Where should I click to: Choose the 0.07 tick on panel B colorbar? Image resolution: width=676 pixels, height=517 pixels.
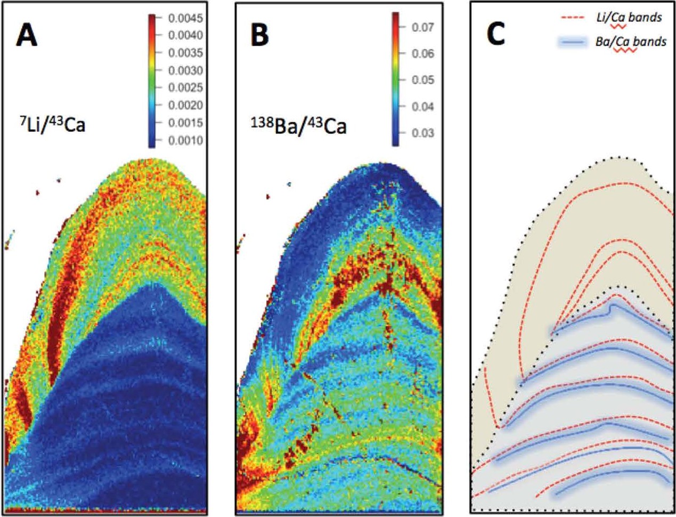pos(423,27)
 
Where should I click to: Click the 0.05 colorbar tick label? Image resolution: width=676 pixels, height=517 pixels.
pos(423,80)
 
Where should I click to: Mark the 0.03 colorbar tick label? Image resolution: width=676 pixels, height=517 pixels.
pos(423,133)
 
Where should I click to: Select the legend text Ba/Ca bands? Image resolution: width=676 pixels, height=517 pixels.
pos(631,42)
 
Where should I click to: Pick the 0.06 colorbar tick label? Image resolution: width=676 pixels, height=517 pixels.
pos(423,53)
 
